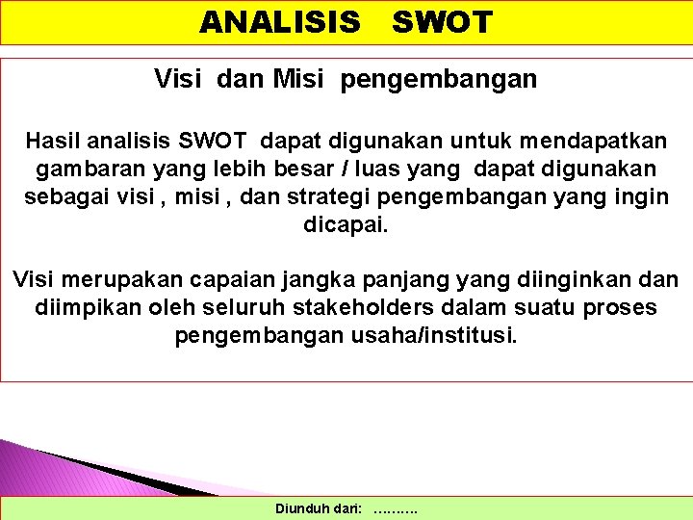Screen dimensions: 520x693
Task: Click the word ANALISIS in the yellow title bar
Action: (280, 22)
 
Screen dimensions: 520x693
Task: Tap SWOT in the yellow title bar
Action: (442, 22)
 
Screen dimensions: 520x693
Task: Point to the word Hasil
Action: (54, 142)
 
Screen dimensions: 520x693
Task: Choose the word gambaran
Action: (82, 169)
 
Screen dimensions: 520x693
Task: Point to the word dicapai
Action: (346, 225)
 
